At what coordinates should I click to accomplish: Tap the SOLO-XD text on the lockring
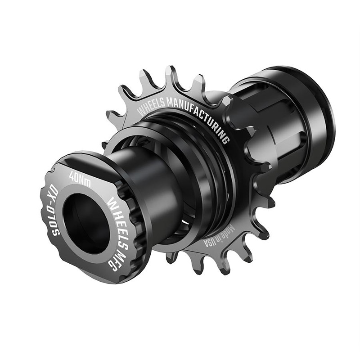pos(50,211)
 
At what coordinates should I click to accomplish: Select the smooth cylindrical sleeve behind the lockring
pos(148,180)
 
